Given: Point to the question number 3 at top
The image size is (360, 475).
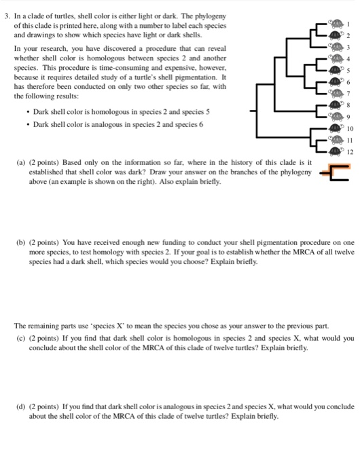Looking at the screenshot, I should point(5,15).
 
